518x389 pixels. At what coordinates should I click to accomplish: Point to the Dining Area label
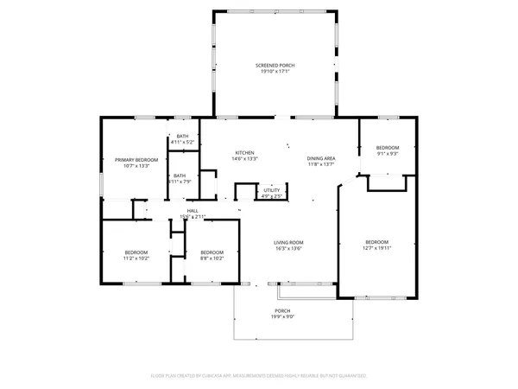pyautogui.click(x=321, y=159)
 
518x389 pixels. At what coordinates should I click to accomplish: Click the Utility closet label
pyautogui.click(x=272, y=190)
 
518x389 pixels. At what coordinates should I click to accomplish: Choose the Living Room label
pyautogui.click(x=288, y=242)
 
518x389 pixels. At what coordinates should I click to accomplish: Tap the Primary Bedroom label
pyautogui.click(x=136, y=160)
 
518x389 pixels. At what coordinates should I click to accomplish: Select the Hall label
pyautogui.click(x=193, y=210)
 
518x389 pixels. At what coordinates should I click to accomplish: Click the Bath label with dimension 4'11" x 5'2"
pyautogui.click(x=182, y=136)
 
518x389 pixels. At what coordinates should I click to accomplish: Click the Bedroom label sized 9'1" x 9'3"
pyautogui.click(x=388, y=148)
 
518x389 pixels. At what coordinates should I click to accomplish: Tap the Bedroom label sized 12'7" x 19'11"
pyautogui.click(x=376, y=241)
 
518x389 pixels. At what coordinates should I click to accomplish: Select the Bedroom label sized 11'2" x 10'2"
pyautogui.click(x=136, y=252)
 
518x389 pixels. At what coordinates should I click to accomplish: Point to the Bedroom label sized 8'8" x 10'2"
pyautogui.click(x=212, y=252)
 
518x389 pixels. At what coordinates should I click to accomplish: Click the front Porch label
pyautogui.click(x=282, y=310)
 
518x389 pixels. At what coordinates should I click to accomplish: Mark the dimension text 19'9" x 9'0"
pyautogui.click(x=282, y=316)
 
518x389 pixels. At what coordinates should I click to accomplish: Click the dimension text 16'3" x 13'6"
pyautogui.click(x=288, y=248)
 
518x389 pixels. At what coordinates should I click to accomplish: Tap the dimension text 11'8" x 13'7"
pyautogui.click(x=321, y=165)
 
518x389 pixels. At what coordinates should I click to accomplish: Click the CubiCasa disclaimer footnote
pyautogui.click(x=259, y=376)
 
